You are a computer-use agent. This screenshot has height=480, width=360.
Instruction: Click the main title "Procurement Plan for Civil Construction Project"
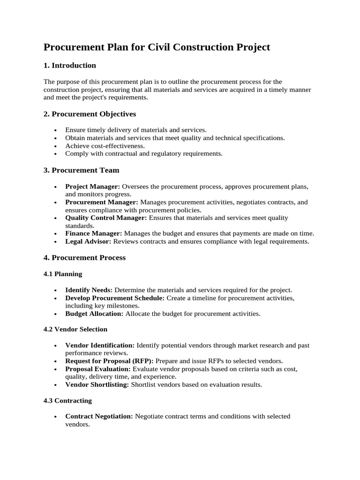coord(157,47)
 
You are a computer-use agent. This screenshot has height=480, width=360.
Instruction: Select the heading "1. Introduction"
coord(70,65)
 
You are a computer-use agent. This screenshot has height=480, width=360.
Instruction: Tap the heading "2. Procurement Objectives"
coord(90,114)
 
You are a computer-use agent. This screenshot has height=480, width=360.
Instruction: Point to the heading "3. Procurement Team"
coord(82,170)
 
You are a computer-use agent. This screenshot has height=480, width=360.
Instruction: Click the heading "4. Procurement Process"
coord(85,257)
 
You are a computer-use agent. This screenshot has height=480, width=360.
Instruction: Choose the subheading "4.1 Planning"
coord(63,274)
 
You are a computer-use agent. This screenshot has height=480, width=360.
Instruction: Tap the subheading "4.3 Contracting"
coord(68,400)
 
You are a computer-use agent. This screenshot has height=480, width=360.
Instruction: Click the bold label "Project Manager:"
coord(93,187)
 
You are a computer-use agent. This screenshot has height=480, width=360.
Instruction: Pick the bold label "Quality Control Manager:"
coord(106,218)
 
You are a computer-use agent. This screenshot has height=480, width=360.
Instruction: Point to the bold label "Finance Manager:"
coord(94,233)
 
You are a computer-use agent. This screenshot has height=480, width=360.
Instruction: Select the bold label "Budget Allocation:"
coord(94,313)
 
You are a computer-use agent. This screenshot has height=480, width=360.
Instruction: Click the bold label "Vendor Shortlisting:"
coord(97,385)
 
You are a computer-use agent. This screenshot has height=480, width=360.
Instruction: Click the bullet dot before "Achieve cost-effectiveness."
coord(55,146)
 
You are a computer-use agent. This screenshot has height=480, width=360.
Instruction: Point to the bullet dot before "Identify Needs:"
coord(55,290)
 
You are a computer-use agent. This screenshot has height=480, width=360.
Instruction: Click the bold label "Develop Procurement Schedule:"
coord(115,298)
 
